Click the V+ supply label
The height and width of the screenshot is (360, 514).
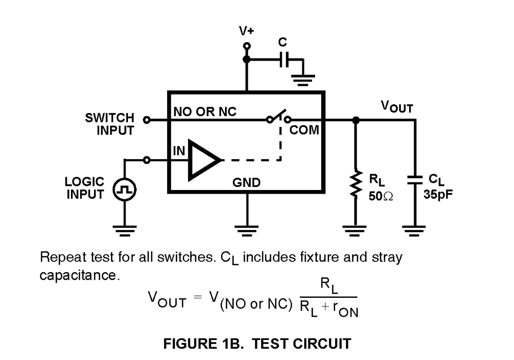[247, 31]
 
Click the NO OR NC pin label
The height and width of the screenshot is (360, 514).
[205, 111]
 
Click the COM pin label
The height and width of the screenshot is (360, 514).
[304, 130]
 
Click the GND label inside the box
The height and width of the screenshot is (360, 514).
[247, 182]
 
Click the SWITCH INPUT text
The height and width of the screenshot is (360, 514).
[109, 124]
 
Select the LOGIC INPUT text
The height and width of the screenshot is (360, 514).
[85, 188]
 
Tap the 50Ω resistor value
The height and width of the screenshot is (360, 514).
[380, 196]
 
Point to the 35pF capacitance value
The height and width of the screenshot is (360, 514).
[438, 195]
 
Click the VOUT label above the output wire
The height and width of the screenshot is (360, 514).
[396, 106]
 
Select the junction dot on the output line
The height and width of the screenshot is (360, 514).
[355, 120]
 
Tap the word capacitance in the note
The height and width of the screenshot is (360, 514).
[79, 275]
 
